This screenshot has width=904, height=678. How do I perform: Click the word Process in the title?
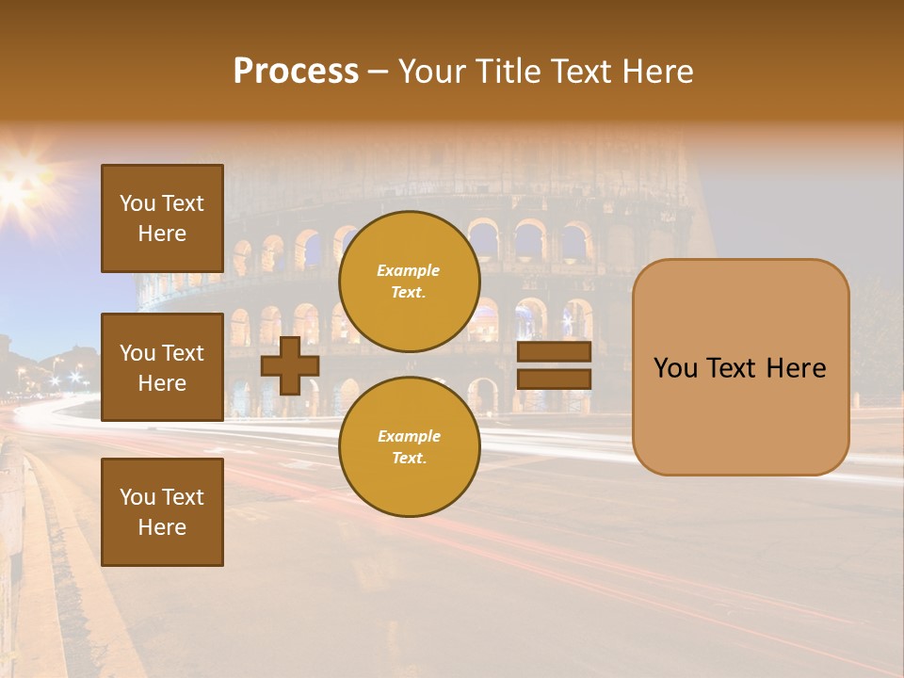[x=296, y=72]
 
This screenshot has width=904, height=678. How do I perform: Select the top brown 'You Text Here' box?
[x=162, y=218]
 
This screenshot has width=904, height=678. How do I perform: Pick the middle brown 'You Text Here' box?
[x=162, y=367]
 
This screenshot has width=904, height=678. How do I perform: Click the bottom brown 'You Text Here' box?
[x=162, y=512]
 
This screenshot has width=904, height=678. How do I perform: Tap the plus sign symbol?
[x=290, y=365]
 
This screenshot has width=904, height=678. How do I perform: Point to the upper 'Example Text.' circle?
[x=409, y=282]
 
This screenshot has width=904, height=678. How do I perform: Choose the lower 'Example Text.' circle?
[x=409, y=447]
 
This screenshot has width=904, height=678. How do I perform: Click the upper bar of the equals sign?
[x=554, y=351]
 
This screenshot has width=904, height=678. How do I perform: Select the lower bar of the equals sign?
[x=554, y=379]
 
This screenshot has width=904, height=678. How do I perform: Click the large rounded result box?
[x=740, y=367]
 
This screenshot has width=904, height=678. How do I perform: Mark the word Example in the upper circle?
[x=409, y=270]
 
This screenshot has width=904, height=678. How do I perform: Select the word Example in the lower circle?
[x=409, y=436]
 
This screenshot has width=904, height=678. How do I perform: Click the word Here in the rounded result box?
[x=796, y=368]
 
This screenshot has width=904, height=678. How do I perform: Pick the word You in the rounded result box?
[x=675, y=368]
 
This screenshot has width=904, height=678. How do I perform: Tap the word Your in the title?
[x=433, y=72]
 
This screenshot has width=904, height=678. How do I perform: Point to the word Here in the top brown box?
[x=162, y=234]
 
